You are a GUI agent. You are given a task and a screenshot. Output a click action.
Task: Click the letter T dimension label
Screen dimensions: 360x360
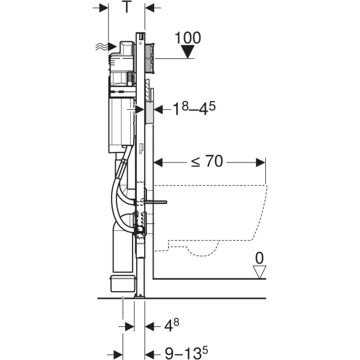127,7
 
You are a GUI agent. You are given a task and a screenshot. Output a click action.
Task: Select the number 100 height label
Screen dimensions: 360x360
188,38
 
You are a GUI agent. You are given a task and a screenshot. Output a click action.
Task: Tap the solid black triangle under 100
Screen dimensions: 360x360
188,52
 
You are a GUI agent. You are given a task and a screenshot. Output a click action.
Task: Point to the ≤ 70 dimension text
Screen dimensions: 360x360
207,161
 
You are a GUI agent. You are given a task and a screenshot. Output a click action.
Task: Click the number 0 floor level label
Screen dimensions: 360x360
259,258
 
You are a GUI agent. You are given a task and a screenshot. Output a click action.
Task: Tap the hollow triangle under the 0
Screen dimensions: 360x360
259,272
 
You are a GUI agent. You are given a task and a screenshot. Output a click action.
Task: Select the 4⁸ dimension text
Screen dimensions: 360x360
172,325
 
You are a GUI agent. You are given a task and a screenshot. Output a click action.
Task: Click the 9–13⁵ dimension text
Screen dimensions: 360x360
187,353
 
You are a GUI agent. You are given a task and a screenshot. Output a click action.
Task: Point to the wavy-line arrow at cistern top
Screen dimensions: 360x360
106,47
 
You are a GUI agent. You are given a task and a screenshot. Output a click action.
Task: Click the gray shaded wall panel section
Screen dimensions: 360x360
149,112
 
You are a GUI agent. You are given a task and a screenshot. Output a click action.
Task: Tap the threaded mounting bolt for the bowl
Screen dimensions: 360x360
156,202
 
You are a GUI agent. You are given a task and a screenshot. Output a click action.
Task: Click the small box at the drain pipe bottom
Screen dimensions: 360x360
122,283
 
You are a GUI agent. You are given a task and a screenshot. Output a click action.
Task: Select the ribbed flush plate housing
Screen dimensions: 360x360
149,58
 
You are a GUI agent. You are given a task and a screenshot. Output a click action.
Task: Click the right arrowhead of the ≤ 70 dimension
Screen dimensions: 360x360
260,163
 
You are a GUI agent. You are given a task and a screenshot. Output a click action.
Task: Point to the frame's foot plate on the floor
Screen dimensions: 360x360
140,296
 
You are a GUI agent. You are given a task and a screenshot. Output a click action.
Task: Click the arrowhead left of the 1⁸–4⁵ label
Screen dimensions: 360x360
158,110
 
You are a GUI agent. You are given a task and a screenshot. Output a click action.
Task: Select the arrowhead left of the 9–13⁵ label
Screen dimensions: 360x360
149,354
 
